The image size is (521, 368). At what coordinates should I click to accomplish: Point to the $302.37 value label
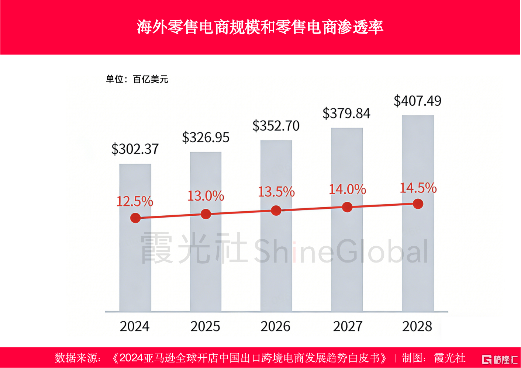tap(135, 149)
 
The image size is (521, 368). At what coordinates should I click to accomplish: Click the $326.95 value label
tap(206, 138)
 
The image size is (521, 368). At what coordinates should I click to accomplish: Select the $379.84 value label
tap(346, 113)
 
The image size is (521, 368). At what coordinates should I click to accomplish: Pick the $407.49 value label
tap(417, 101)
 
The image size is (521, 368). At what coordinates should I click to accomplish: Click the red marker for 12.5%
tap(135, 218)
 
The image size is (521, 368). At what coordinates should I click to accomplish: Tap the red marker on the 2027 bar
tap(347, 207)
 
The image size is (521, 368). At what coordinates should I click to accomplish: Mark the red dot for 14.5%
tap(418, 204)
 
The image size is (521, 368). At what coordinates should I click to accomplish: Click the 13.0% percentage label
tap(206, 196)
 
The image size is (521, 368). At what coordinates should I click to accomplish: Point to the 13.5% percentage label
tap(276, 192)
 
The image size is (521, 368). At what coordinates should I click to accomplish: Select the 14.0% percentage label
tap(347, 190)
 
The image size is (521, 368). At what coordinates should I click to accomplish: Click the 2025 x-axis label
tap(205, 326)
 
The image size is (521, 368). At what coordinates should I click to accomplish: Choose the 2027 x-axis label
tap(348, 326)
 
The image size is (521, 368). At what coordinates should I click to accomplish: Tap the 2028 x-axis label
tap(417, 326)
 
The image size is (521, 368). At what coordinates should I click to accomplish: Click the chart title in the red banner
tap(260, 27)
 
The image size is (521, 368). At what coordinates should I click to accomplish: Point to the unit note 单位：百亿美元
tap(137, 79)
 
